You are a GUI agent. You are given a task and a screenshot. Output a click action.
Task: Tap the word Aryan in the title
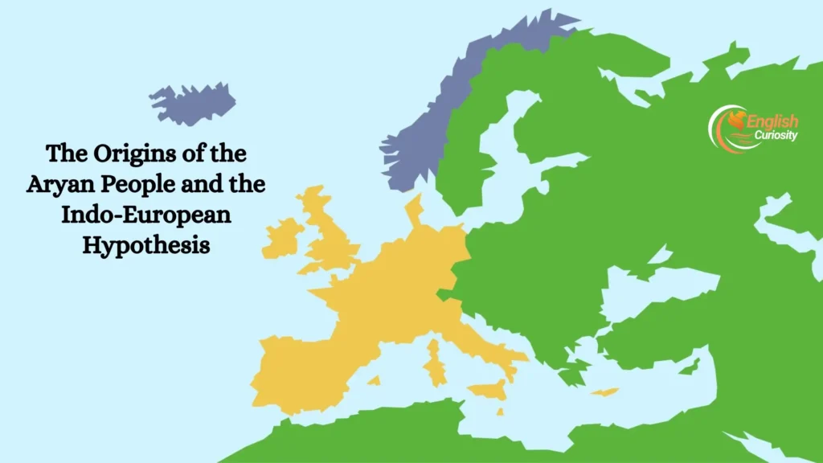click(x=56, y=184)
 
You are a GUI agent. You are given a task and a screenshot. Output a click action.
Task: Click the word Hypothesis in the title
click(x=145, y=245)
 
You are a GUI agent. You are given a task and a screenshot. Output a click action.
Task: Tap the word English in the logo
click(x=773, y=121)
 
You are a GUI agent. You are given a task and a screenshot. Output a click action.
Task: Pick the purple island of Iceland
click(x=192, y=104)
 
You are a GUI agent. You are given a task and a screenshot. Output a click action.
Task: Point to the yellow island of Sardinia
click(x=435, y=362)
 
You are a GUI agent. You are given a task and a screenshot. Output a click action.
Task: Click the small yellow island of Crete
click(x=605, y=391)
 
